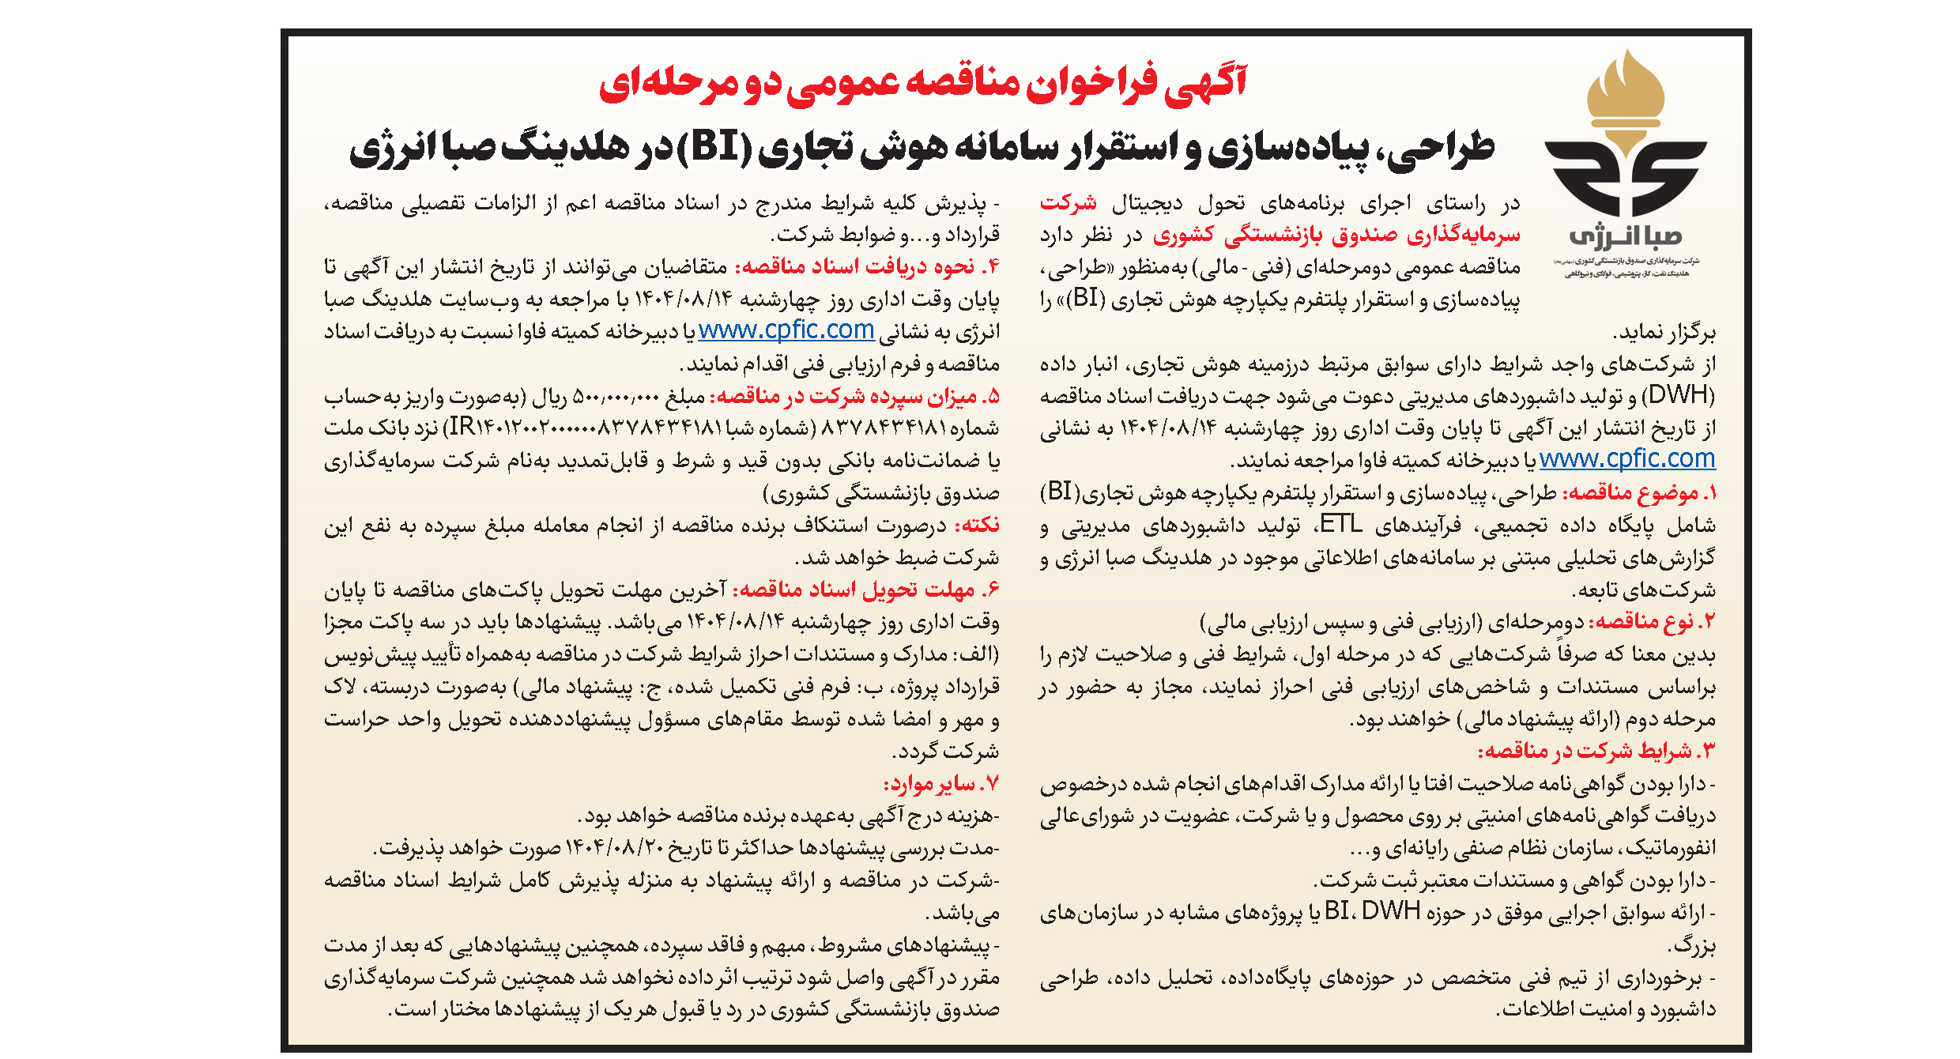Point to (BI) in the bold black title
(x=714, y=147)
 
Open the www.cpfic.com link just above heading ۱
(x=1626, y=459)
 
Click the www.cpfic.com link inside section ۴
(x=786, y=330)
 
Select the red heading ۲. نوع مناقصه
(x=1652, y=622)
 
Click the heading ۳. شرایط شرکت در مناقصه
(x=1596, y=751)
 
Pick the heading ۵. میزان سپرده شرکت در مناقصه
(x=854, y=396)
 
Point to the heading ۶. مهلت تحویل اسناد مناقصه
(x=865, y=590)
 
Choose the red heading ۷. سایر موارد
(x=940, y=784)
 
